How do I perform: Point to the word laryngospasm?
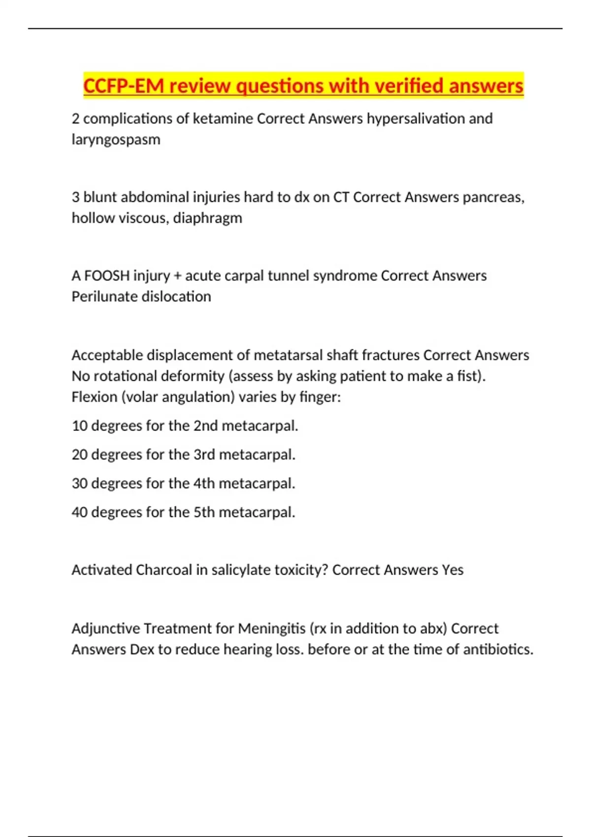[116, 140]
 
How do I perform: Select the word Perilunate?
[104, 296]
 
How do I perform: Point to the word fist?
[470, 376]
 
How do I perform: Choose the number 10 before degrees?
[79, 426]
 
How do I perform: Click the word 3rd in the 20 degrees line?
[204, 454]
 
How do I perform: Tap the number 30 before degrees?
[79, 483]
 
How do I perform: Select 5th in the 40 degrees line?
[204, 513]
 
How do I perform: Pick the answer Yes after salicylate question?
[453, 570]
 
